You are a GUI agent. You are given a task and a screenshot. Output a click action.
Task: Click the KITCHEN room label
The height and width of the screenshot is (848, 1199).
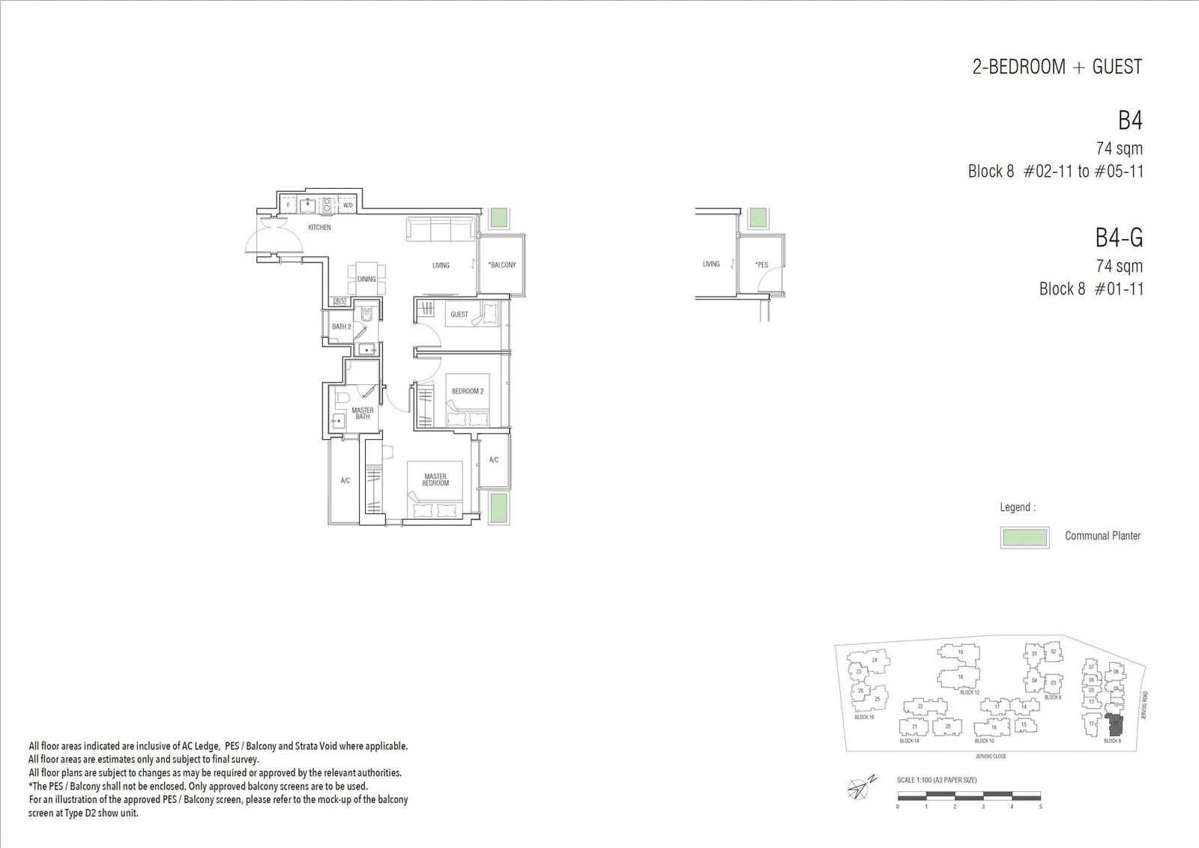point(319,227)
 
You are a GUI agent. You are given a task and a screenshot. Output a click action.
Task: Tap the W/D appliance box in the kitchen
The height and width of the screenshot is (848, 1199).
point(348,205)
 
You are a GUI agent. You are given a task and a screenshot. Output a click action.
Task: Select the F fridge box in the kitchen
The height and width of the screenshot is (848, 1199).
point(289,205)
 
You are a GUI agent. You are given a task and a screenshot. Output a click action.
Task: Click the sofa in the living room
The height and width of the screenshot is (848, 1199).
point(441,229)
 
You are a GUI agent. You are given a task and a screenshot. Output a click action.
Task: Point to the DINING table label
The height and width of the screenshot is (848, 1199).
point(366,279)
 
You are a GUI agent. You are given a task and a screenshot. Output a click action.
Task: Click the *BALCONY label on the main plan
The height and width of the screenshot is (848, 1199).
point(501,264)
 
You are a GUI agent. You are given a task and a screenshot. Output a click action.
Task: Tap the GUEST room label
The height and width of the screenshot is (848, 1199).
point(459,314)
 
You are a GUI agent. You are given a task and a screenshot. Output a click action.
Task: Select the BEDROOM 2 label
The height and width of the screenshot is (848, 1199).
point(468,391)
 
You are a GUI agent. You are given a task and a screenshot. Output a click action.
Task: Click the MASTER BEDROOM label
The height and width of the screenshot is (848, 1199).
point(435,479)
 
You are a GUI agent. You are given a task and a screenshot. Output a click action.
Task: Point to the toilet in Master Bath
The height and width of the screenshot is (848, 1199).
point(339,397)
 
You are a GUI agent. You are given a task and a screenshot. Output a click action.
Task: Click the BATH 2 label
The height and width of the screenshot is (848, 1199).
point(342,327)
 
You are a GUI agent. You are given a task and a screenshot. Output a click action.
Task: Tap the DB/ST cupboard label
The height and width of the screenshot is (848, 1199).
point(339,301)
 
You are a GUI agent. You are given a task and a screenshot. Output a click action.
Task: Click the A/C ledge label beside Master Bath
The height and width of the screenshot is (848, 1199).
point(345,480)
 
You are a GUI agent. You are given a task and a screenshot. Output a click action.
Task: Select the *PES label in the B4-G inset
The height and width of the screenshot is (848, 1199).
point(761,264)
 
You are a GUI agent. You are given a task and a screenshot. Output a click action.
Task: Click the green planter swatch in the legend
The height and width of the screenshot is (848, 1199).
point(1024,537)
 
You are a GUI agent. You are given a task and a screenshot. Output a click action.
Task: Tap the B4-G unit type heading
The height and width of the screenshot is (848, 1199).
point(1119,238)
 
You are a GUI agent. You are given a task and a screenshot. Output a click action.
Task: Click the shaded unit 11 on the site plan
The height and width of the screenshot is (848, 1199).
point(1115,724)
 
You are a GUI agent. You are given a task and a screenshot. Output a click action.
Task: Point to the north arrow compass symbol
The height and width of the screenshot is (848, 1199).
point(857,787)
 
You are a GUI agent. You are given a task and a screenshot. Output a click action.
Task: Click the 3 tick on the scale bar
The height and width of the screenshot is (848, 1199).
point(983,807)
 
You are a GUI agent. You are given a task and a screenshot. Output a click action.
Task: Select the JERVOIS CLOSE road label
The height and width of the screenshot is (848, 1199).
point(991,757)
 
